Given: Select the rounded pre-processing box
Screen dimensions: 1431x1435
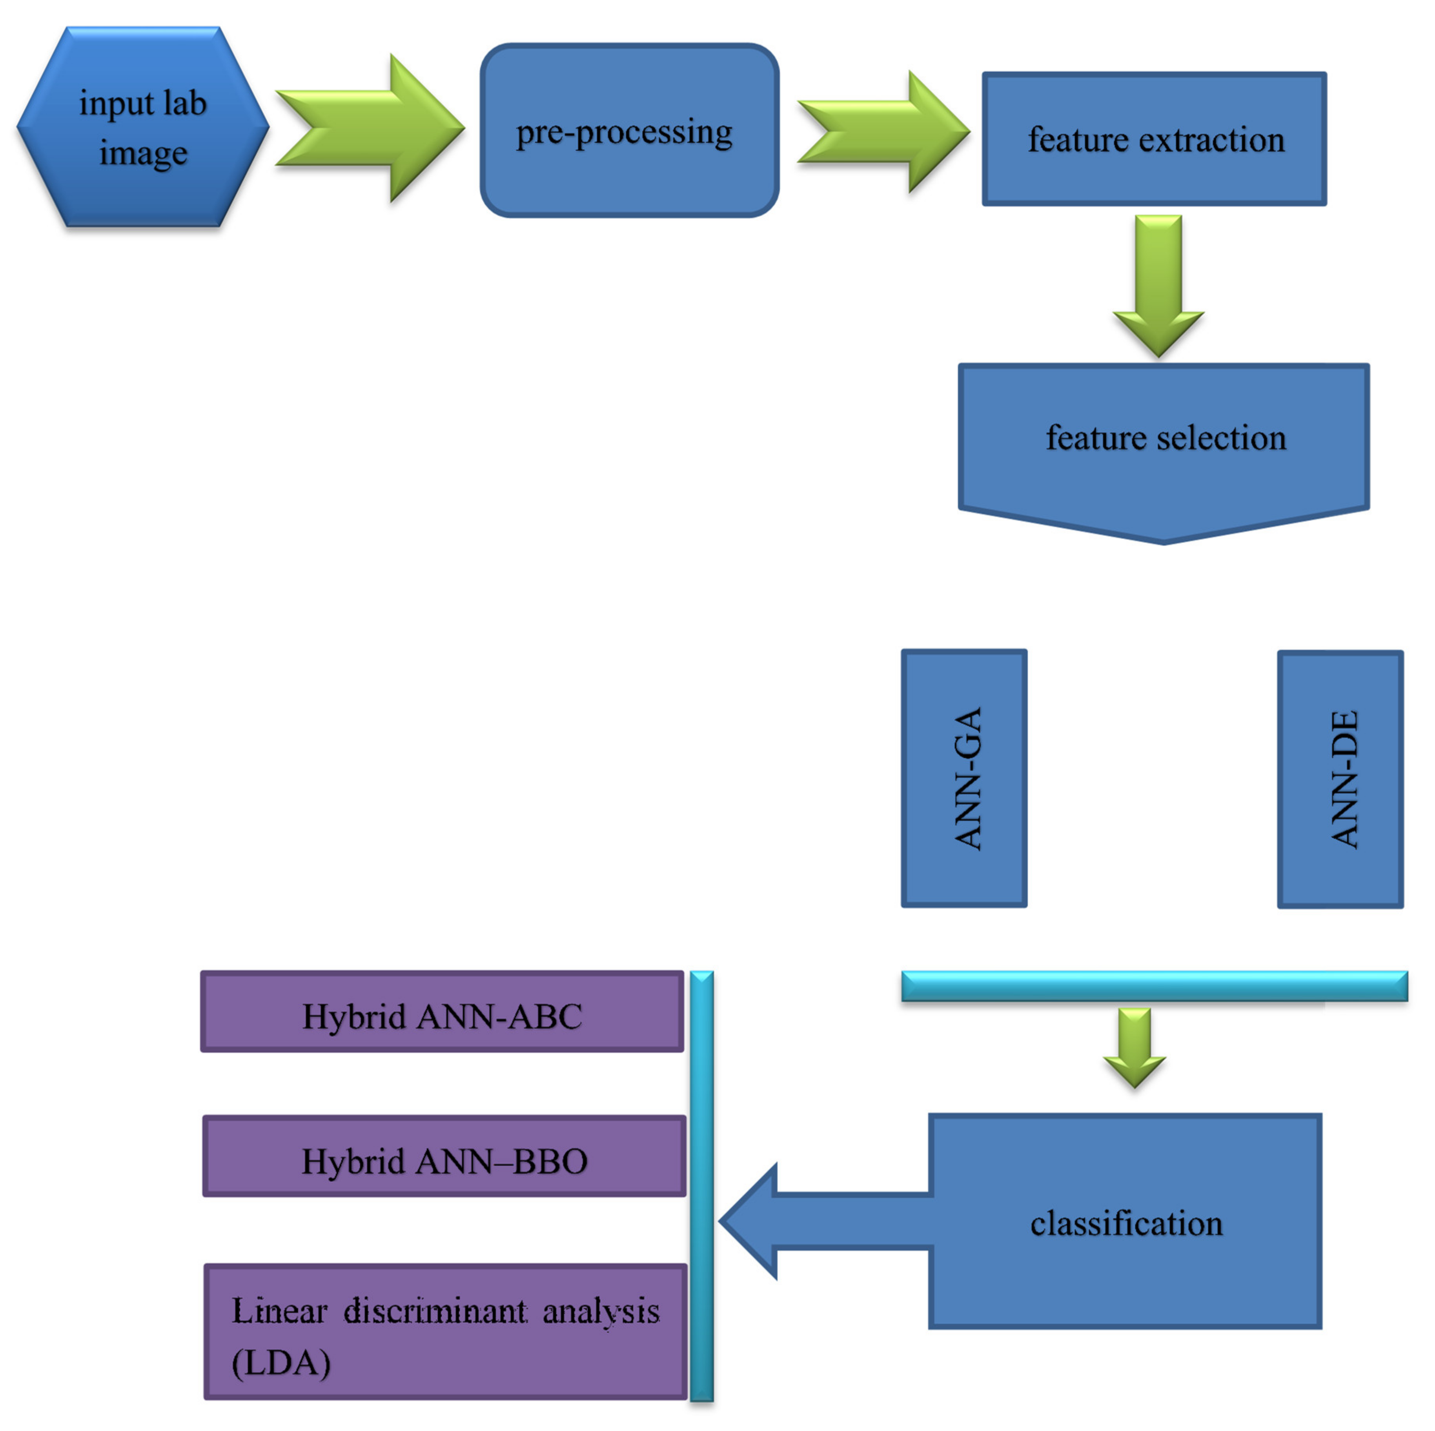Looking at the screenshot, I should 629,131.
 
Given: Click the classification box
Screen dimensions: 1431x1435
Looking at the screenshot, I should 1125,1222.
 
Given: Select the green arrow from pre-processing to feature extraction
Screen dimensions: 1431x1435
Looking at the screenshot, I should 884,131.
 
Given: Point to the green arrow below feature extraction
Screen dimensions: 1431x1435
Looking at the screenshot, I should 1158,286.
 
